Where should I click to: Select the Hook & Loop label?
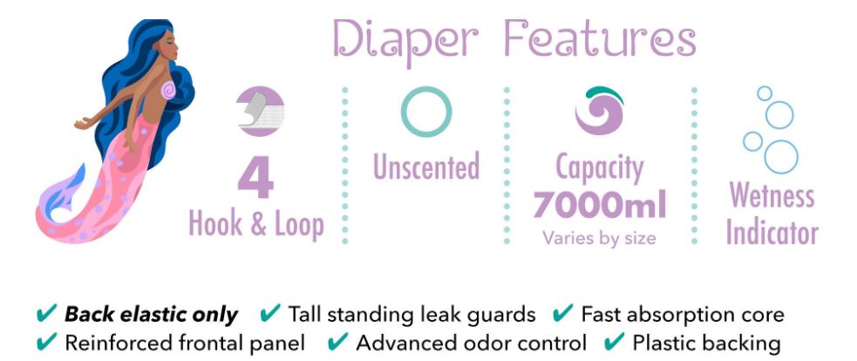point(255,224)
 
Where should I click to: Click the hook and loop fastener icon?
point(261,111)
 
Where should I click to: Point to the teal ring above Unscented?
point(426,89)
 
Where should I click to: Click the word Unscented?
point(426,167)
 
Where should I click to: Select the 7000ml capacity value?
point(600,206)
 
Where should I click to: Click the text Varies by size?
point(599,237)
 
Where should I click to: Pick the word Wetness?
point(772,195)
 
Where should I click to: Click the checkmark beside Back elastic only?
point(46,313)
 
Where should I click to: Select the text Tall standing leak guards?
point(411,315)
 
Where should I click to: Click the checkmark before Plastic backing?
point(615,342)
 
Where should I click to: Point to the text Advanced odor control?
point(471,343)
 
